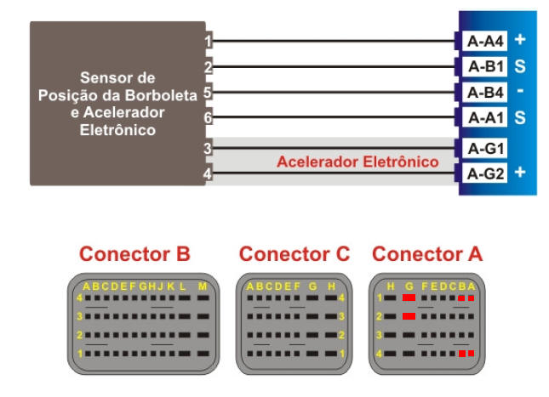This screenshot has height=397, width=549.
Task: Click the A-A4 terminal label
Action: click(x=485, y=40)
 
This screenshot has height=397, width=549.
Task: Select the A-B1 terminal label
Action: click(x=485, y=65)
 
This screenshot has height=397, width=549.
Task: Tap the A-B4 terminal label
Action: click(x=485, y=91)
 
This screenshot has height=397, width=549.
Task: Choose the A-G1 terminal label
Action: click(x=485, y=149)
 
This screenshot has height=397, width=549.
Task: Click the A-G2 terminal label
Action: click(x=485, y=174)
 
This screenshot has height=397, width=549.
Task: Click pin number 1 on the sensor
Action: click(x=209, y=40)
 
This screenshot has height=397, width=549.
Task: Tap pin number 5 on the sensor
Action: click(x=209, y=91)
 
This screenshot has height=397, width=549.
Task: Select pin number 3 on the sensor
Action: click(x=209, y=149)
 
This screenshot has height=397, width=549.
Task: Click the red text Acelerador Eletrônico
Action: click(x=357, y=162)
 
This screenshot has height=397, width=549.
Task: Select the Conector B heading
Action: click(x=134, y=253)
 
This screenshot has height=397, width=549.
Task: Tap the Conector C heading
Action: click(x=295, y=253)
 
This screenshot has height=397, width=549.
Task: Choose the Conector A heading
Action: click(x=427, y=253)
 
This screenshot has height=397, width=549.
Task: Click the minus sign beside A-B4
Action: click(x=520, y=91)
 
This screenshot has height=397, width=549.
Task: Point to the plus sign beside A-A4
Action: click(x=520, y=39)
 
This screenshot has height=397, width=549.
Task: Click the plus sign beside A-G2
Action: click(x=520, y=173)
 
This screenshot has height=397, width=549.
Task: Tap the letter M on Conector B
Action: click(x=202, y=286)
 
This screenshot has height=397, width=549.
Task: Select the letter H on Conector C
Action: click(x=332, y=286)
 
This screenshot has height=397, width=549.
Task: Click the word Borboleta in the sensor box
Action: click(x=163, y=94)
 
